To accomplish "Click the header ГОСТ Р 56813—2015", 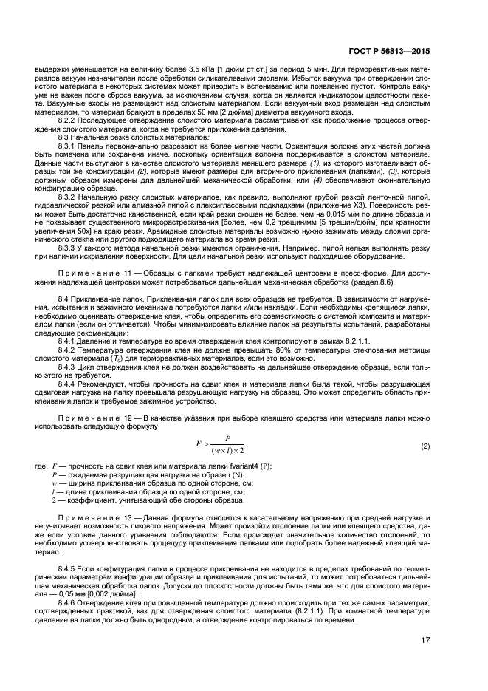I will click(410, 52).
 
